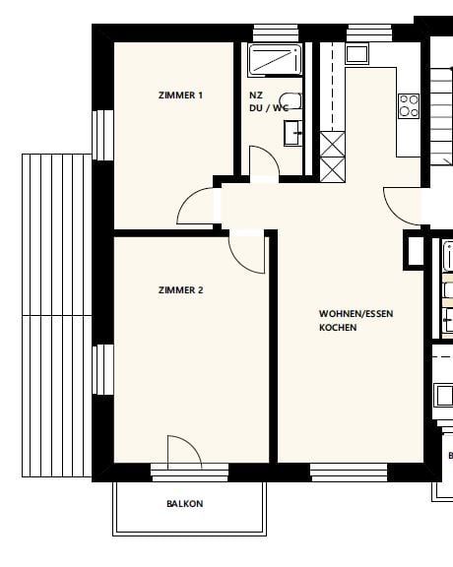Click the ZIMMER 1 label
pyautogui.click(x=180, y=95)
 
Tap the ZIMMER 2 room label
pyautogui.click(x=180, y=290)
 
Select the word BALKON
pyautogui.click(x=184, y=504)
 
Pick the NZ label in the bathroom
pyautogui.click(x=255, y=95)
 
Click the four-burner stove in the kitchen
pyautogui.click(x=409, y=105)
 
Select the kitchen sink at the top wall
pyautogui.click(x=356, y=53)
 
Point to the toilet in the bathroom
pyautogui.click(x=295, y=101)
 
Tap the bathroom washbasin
pyautogui.click(x=292, y=133)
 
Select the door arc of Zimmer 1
pyautogui.click(x=195, y=206)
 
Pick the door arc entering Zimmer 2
pyautogui.click(x=249, y=254)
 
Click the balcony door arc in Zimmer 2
pyautogui.click(x=184, y=452)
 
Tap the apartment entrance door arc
pyautogui.click(x=402, y=205)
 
